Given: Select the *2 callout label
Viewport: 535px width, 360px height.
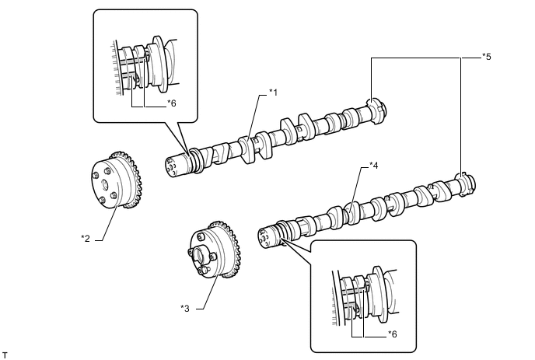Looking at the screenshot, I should (85, 237).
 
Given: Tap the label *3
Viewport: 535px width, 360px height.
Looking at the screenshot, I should (184, 308).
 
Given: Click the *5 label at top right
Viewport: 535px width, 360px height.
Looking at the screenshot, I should (486, 56).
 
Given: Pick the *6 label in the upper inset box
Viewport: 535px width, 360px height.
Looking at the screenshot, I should (173, 103).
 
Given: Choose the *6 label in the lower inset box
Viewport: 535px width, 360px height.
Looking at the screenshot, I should (393, 334).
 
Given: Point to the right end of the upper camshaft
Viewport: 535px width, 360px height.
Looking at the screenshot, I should (380, 109).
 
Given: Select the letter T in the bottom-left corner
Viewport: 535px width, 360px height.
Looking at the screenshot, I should (5, 355).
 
